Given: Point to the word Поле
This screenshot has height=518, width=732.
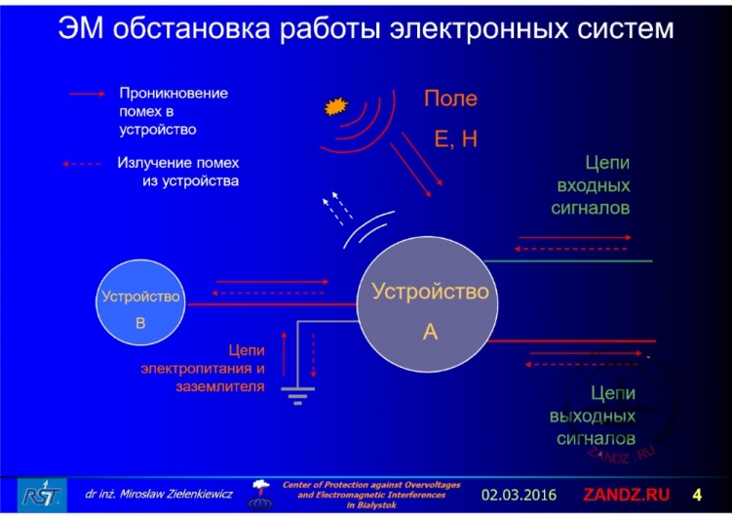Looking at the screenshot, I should coord(450,100).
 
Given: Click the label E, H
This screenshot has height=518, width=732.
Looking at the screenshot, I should coord(455,139).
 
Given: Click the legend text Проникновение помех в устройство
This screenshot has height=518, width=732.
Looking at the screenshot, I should coord(173,110).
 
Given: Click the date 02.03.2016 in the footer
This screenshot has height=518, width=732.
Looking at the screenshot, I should coord(519,494).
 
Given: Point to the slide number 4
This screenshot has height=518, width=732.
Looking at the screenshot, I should coord(696,494).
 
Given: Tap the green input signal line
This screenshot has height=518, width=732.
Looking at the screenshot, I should coord(570,260).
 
